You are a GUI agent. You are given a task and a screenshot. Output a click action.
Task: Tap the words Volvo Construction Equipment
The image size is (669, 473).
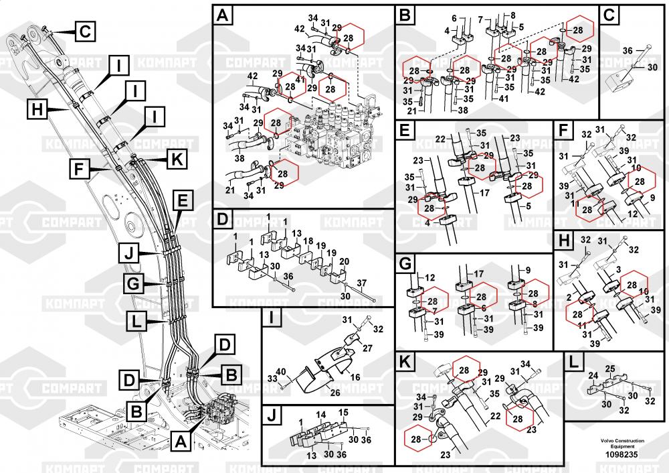[x=622, y=443]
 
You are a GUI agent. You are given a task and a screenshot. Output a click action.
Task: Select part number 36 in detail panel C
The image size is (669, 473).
[x=628, y=51]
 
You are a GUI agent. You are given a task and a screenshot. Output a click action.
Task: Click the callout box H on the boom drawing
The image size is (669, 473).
[x=37, y=108]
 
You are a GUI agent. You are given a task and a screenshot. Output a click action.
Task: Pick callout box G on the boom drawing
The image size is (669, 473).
[x=133, y=284]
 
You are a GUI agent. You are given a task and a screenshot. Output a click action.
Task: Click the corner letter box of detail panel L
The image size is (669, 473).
[x=573, y=362]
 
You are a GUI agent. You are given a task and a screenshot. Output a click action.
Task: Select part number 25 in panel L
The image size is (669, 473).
[x=610, y=369]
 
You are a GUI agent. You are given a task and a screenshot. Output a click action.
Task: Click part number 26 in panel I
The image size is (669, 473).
[x=335, y=393]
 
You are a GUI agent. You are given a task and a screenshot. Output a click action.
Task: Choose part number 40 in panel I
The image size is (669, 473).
[x=281, y=372]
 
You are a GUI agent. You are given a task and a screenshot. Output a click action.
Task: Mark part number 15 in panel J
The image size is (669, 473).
[x=344, y=411]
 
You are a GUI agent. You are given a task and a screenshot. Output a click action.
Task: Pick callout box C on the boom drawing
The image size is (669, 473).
[x=85, y=31]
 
